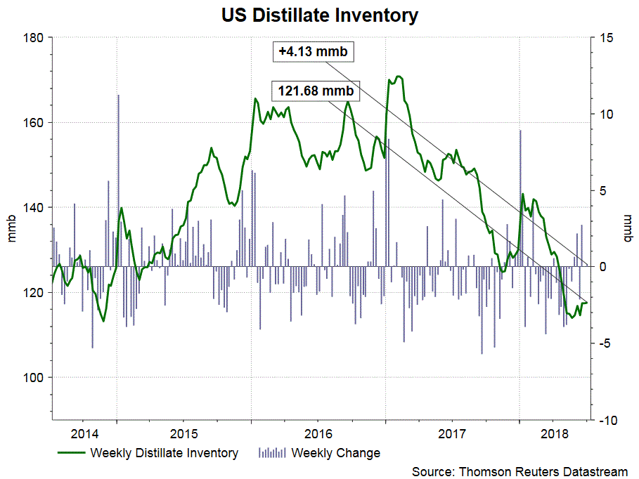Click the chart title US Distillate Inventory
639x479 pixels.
point(319,15)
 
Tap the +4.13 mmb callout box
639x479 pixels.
point(313,52)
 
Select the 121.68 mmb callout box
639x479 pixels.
point(315,91)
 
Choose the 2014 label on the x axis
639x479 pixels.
point(84,433)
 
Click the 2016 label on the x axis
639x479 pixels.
point(318,433)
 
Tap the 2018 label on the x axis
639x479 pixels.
point(555,433)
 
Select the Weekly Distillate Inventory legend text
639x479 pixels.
point(164,453)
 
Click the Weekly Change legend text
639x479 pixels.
point(335,453)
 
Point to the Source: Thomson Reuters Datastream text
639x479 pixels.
point(519,471)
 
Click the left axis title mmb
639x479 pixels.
point(12,228)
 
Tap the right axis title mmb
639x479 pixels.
point(626,228)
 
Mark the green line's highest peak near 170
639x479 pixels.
point(399,76)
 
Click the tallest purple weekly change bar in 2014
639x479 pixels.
point(118,96)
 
